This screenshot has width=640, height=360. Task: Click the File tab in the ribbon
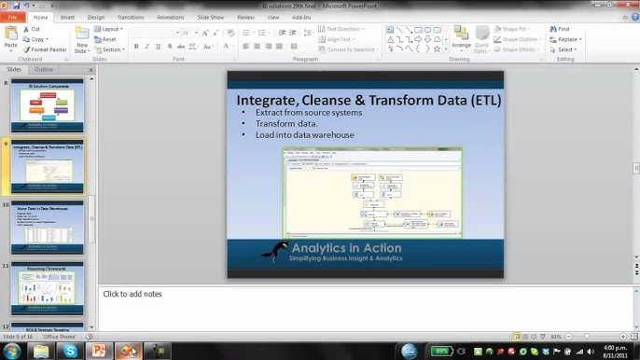pyautogui.click(x=13, y=17)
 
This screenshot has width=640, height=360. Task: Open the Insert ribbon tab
pyautogui.click(x=68, y=17)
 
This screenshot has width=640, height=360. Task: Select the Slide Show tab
pyautogui.click(x=210, y=17)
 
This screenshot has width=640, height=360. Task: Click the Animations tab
pyautogui.click(x=171, y=17)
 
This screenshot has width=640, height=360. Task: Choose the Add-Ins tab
pyautogui.click(x=301, y=17)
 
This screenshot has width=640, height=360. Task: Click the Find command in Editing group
pyautogui.click(x=563, y=29)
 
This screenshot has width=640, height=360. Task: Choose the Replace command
pyautogui.click(x=565, y=39)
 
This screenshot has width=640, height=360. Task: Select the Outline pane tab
pyautogui.click(x=44, y=70)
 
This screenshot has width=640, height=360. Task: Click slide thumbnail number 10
pyautogui.click(x=47, y=227)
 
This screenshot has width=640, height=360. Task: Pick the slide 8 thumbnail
pyautogui.click(x=47, y=105)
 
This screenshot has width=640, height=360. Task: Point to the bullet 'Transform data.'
pyautogui.click(x=286, y=123)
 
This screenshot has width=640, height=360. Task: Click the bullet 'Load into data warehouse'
pyautogui.click(x=304, y=134)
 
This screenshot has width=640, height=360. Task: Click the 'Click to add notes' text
pyautogui.click(x=132, y=294)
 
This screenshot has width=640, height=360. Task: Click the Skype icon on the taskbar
pyautogui.click(x=70, y=351)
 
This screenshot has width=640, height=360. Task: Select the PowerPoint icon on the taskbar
pyautogui.click(x=97, y=351)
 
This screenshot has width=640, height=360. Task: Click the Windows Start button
pyautogui.click(x=12, y=351)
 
